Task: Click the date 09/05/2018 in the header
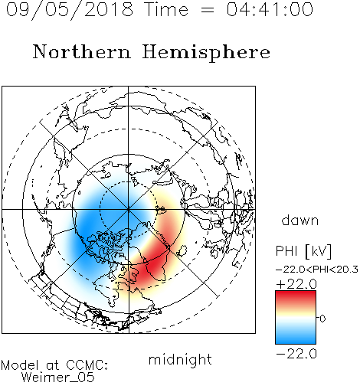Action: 70,9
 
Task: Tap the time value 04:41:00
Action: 270,9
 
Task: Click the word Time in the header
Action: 166,9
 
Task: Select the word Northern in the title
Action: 82,51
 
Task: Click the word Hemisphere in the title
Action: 206,52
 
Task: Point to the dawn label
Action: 300,220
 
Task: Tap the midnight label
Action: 180,359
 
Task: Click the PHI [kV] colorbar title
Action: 304,251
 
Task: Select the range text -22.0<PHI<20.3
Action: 317,270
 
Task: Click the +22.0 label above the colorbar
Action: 296,284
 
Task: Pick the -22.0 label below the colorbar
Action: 296,354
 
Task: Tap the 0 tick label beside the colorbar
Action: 322,319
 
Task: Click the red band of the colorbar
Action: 296,297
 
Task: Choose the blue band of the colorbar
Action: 296,337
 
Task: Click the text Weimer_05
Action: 58,378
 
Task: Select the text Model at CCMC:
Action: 54,365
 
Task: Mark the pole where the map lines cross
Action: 129,209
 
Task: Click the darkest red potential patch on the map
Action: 153,266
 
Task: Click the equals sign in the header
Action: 207,10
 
